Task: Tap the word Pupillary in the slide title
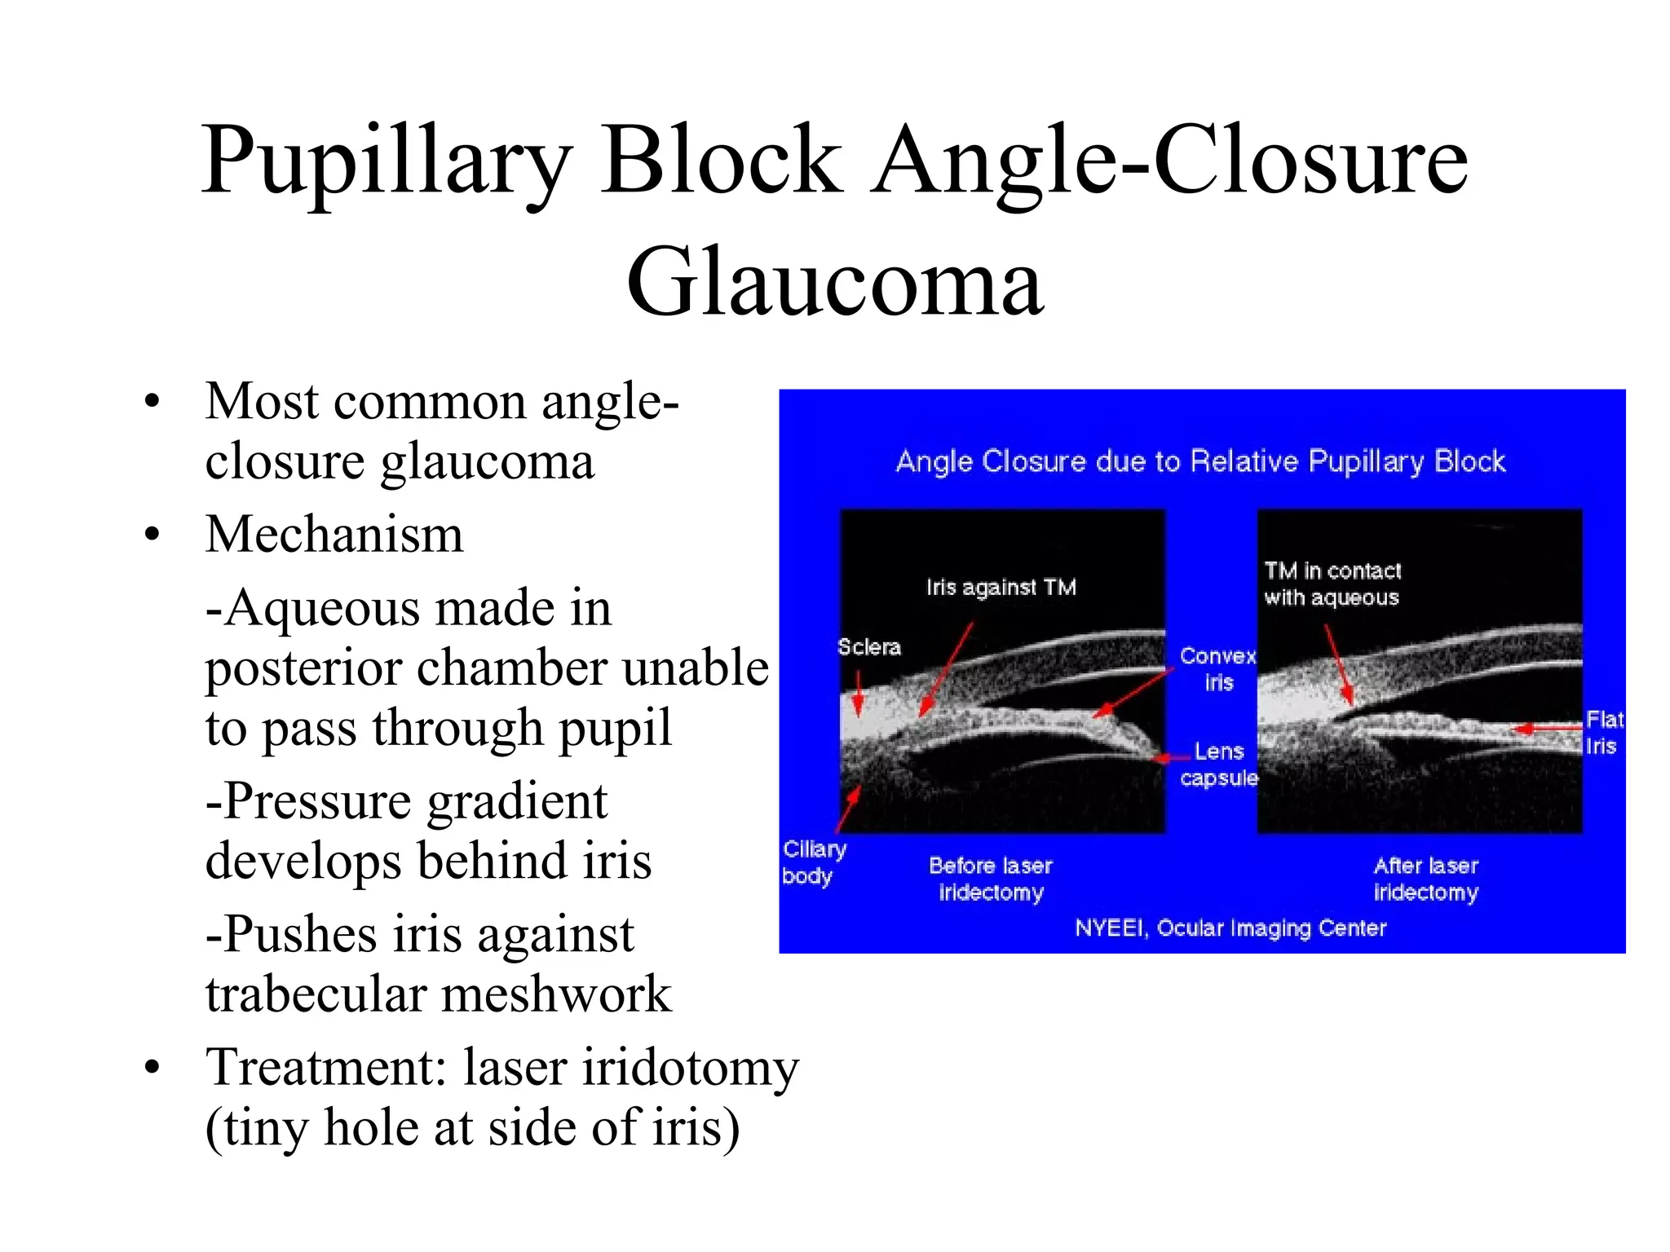pos(387,161)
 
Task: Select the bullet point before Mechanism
pos(152,536)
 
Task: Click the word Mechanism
pos(334,536)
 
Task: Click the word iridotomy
pos(690,1068)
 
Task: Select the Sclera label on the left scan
pos(869,647)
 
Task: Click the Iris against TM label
pos(1001,587)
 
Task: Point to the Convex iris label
pos(1218,668)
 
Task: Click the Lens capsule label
pos(1219,764)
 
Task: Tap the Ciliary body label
pos(813,862)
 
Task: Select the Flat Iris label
pos(1603,732)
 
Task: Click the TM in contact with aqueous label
pos(1332,584)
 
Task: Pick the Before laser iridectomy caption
pos(991,879)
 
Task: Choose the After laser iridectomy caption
pos(1425,879)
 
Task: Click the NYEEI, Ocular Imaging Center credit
pos(1230,928)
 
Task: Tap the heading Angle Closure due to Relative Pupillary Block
pos(1200,461)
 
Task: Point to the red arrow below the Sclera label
pos(858,693)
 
